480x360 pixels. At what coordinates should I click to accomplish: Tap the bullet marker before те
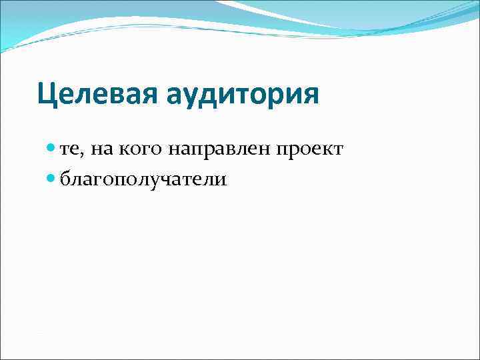(x=53, y=150)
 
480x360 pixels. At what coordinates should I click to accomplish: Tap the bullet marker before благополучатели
(x=53, y=179)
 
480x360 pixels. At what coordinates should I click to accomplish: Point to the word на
(x=103, y=151)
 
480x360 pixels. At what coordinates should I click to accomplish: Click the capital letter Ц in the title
(x=47, y=94)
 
